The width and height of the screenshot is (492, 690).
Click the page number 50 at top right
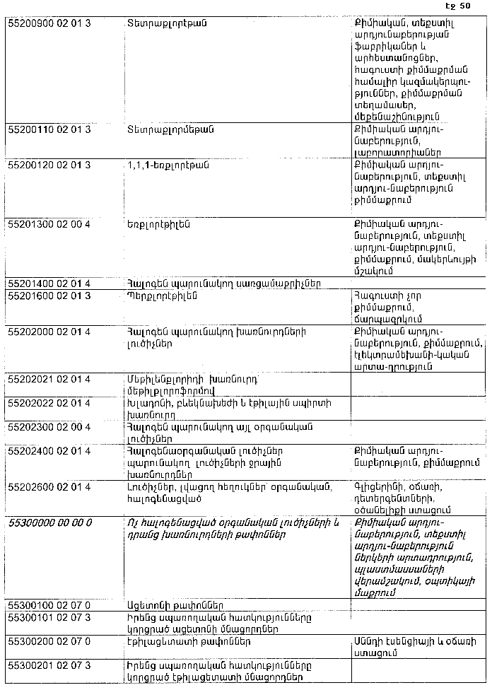point(464,6)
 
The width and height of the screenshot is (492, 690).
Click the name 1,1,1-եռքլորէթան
point(168,165)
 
